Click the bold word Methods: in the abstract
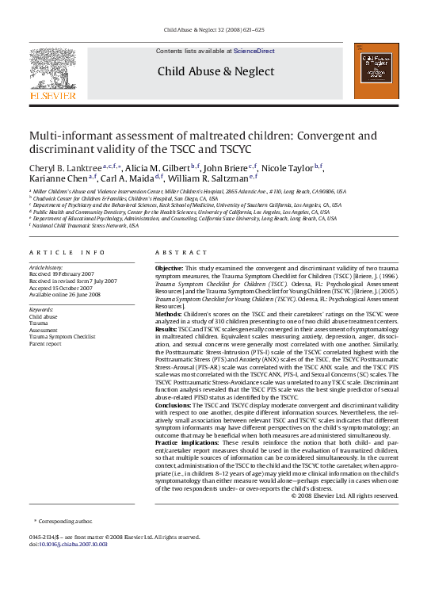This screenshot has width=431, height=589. (x=168, y=315)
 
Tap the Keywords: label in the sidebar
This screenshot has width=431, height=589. (x=41, y=309)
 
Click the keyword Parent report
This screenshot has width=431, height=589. (x=46, y=344)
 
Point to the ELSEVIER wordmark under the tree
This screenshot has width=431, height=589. (x=52, y=95)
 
